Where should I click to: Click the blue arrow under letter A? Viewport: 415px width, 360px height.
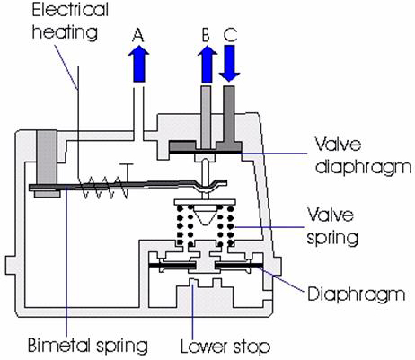click(x=138, y=63)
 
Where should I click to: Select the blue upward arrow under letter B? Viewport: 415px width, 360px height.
click(x=207, y=64)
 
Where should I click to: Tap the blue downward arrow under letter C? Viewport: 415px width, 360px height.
click(x=229, y=64)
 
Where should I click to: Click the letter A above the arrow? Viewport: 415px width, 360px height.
click(x=138, y=35)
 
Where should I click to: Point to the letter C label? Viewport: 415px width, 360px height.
click(x=230, y=35)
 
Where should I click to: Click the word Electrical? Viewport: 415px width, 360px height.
click(x=70, y=10)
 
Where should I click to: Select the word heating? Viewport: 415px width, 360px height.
click(x=65, y=31)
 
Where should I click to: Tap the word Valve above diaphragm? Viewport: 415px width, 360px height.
click(x=338, y=145)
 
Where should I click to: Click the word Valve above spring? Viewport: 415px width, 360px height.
click(x=331, y=215)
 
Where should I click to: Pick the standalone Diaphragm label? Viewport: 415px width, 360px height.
click(x=357, y=294)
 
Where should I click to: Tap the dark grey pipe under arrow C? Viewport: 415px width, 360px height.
click(x=229, y=117)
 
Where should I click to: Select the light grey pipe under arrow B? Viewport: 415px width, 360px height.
click(x=206, y=118)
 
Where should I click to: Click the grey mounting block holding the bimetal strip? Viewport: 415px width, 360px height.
click(x=47, y=163)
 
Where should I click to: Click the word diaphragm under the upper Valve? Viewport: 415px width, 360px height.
click(x=364, y=167)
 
